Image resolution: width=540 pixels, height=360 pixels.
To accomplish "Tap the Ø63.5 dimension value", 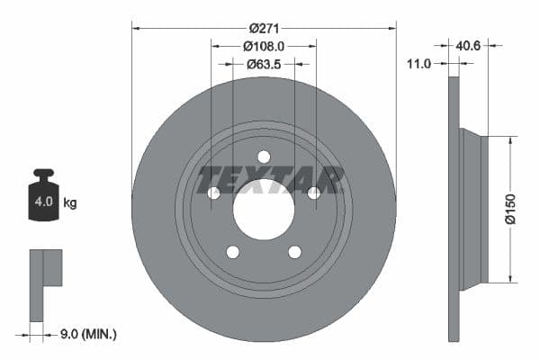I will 265,64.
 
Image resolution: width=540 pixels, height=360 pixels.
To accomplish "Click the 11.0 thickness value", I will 419,63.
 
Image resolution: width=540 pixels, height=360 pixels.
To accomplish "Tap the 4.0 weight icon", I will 43,200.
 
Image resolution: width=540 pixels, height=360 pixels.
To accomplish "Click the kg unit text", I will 69,202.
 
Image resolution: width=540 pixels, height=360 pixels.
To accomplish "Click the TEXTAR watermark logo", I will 271,179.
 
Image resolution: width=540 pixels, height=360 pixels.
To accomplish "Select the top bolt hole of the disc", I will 264,157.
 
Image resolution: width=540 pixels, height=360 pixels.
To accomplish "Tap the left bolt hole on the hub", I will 213,193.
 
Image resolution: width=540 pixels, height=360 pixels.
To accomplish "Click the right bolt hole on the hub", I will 314,193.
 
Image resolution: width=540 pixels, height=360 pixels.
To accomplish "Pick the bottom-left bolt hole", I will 232,252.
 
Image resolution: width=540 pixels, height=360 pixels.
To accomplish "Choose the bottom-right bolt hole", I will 295,252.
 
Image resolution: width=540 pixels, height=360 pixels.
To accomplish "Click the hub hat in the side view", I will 471,209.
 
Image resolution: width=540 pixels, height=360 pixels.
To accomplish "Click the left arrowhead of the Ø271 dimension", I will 136,28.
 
